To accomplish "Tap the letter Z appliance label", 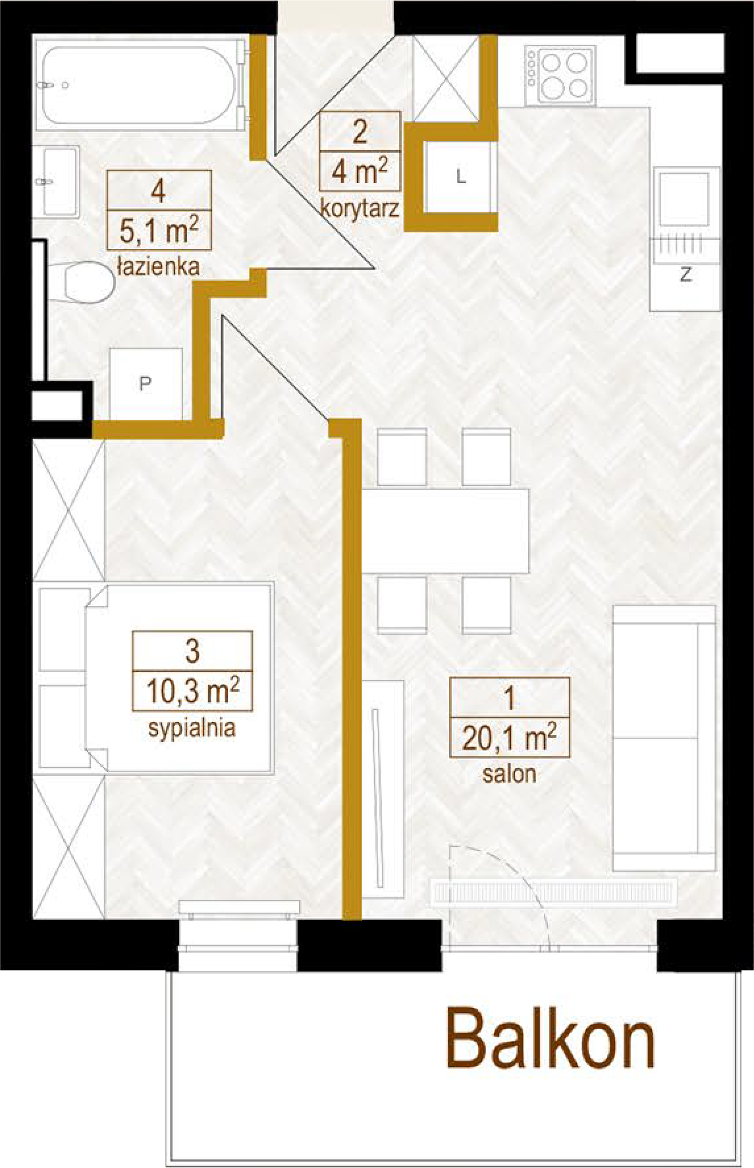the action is pyautogui.click(x=686, y=276).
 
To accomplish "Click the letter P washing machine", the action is pyautogui.click(x=146, y=383).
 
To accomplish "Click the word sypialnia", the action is pyautogui.click(x=192, y=729).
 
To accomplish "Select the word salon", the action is pyautogui.click(x=509, y=773).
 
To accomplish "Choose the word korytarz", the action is pyautogui.click(x=360, y=209).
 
